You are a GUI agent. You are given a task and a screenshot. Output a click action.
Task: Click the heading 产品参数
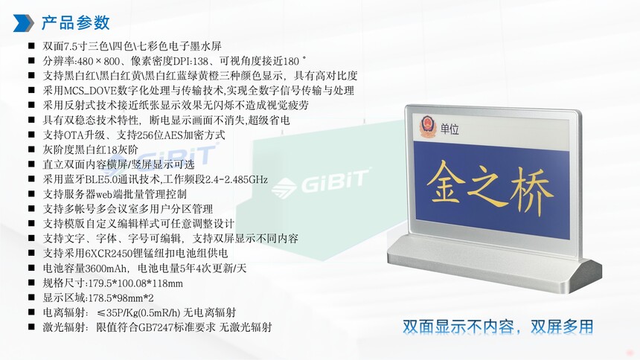click(x=75, y=23)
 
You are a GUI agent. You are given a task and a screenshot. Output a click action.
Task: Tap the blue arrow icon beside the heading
click(x=23, y=23)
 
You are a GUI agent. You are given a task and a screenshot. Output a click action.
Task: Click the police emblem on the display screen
click(x=428, y=126)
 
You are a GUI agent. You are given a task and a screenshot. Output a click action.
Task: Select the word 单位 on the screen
click(x=449, y=129)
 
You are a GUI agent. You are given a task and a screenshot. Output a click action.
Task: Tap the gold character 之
click(x=487, y=186)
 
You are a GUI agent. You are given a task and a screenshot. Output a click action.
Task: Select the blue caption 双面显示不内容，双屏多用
click(x=498, y=327)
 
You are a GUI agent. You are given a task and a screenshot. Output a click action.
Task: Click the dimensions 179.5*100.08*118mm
click(x=135, y=283)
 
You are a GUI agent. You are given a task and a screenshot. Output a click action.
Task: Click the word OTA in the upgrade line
click(x=74, y=135)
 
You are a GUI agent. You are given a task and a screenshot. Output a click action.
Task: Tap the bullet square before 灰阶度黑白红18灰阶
click(x=31, y=150)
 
